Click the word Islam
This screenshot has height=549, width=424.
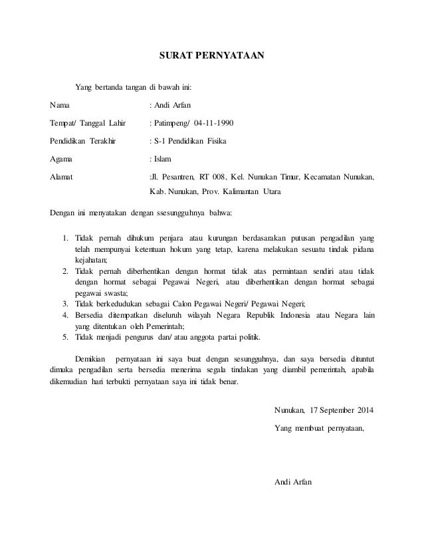tap(163, 160)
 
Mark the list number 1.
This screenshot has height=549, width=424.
tap(65, 238)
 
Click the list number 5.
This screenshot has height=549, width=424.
tap(65, 336)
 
